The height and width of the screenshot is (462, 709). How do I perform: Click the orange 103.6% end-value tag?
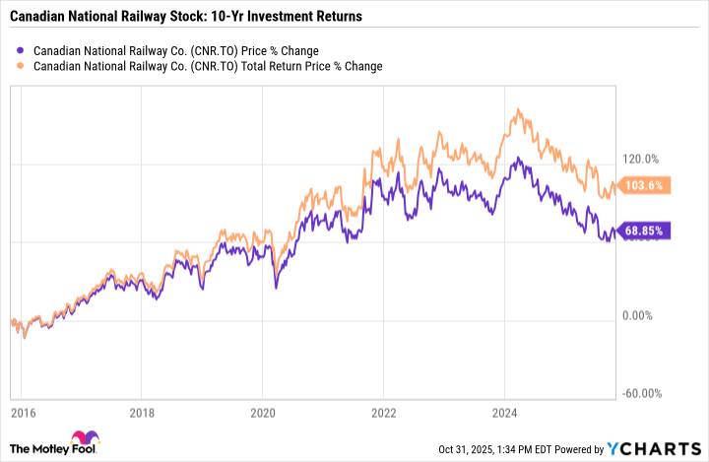[x=645, y=185]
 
